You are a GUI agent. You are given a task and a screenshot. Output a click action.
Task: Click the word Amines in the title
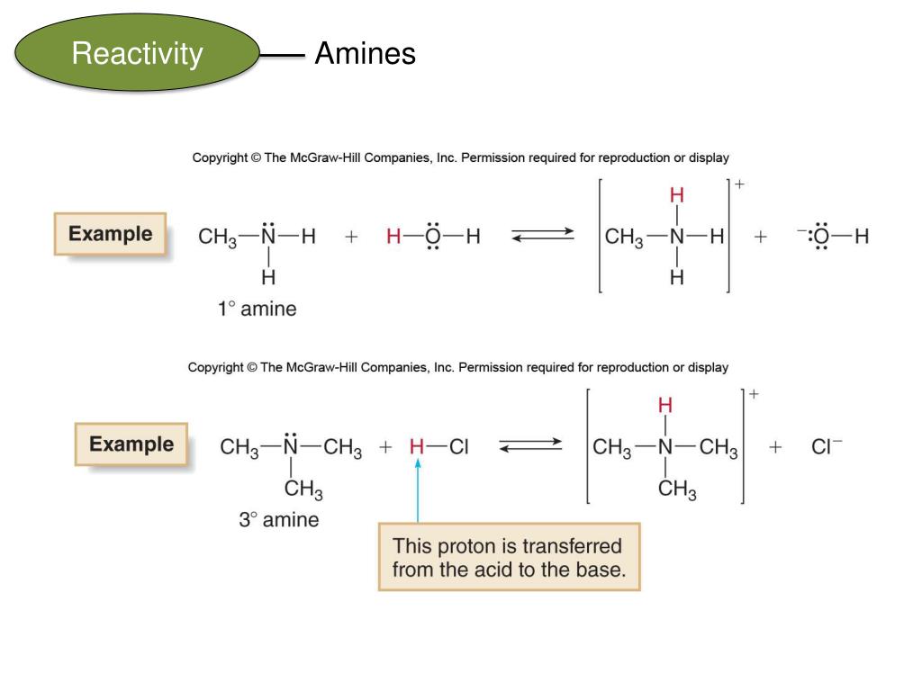365,55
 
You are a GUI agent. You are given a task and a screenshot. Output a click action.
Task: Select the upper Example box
111,234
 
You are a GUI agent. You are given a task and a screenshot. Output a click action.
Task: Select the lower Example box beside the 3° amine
131,444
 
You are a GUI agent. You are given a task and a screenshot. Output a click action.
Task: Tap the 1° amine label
257,310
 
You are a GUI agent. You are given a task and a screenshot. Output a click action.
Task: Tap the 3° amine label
278,520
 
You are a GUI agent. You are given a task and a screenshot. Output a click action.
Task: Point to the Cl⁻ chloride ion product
827,446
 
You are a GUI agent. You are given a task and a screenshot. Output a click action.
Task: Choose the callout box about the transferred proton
509,557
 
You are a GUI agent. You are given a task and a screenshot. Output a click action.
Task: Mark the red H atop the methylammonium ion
677,196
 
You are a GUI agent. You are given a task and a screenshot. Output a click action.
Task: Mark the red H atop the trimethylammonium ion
665,407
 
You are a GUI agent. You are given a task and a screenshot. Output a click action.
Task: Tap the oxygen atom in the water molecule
434,238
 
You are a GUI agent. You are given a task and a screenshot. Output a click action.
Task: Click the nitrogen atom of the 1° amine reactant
267,238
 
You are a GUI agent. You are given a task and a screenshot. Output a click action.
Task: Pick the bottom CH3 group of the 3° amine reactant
303,489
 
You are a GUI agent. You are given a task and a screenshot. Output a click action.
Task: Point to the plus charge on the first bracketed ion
740,184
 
